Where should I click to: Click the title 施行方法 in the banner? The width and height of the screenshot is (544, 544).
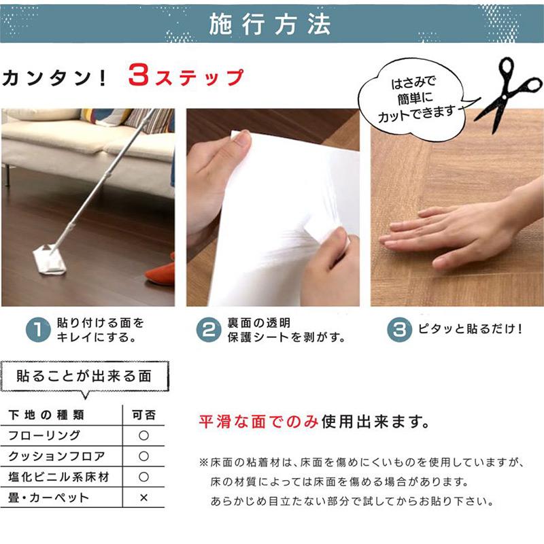tap(270, 24)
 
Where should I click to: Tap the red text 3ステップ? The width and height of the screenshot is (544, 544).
tap(185, 77)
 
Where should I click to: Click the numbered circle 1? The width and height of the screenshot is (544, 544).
tap(39, 330)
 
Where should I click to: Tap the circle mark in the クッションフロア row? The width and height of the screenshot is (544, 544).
tap(143, 456)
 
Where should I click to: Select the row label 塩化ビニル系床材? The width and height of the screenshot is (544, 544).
tap(56, 477)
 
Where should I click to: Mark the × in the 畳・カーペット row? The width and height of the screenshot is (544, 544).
tap(143, 498)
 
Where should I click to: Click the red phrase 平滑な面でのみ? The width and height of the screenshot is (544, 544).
tap(258, 422)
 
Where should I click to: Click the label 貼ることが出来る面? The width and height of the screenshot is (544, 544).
tap(84, 375)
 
